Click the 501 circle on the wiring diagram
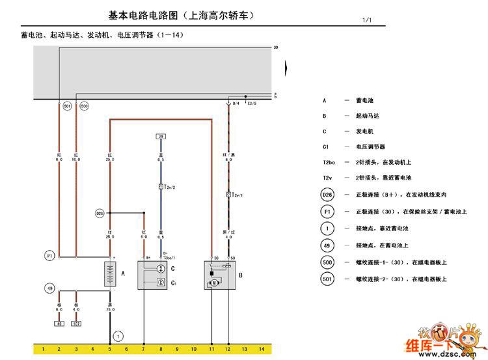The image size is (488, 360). click(67, 105)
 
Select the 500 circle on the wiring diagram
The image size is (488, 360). click(84, 105)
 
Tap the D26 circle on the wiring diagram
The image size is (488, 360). click(100, 213)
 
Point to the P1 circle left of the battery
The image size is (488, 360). click(49, 256)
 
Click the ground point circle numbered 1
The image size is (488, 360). click(118, 336)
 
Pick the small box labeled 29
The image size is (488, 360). click(160, 136)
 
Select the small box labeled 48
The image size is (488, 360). click(59, 323)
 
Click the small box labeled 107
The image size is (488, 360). click(76, 323)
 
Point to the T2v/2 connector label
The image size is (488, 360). click(168, 186)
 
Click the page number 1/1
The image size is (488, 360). click(367, 20)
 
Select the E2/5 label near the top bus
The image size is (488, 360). click(252, 103)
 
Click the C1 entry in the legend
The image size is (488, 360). click(325, 146)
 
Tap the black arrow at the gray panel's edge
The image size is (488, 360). click(287, 66)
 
